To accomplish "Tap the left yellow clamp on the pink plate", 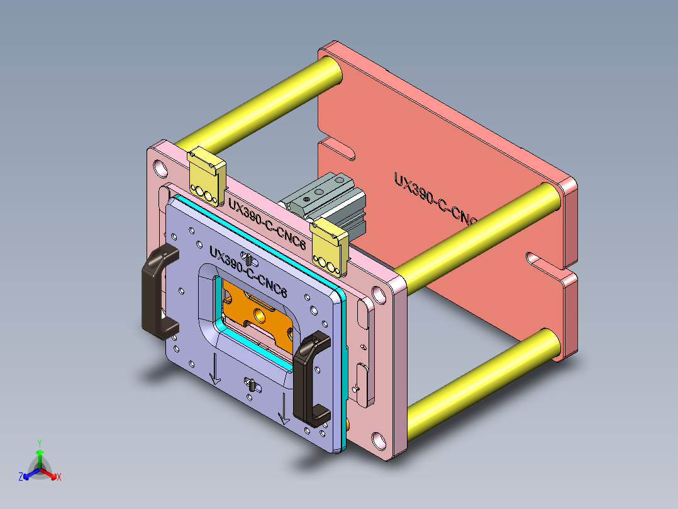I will point(206,176).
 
